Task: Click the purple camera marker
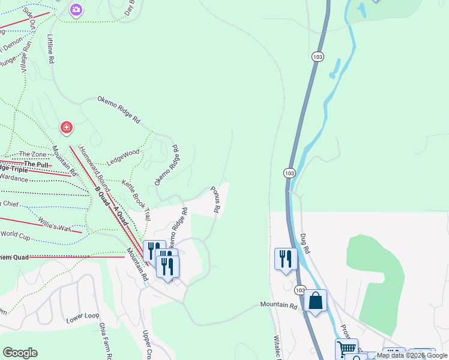[x=76, y=10]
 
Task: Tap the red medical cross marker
[x=67, y=127]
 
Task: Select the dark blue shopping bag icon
[x=315, y=300]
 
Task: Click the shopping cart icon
[x=346, y=349]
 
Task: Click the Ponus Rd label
[x=216, y=200]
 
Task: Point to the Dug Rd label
[x=304, y=242]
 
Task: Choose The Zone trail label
[x=32, y=154]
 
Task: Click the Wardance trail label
[x=13, y=178]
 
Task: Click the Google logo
[x=20, y=353]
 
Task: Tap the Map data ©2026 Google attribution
[x=412, y=355]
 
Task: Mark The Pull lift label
[x=35, y=163]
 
